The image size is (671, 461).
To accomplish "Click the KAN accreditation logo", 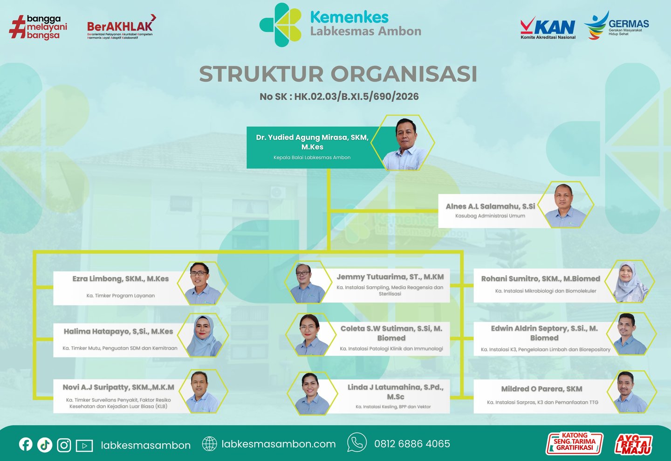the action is click(x=548, y=28).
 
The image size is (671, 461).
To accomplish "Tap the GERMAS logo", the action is click(x=616, y=25).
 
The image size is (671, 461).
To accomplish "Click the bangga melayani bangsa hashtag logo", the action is click(x=38, y=28).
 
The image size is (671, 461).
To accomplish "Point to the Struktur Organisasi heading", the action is click(x=338, y=74).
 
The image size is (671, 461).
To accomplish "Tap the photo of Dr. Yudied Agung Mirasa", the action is click(x=403, y=143).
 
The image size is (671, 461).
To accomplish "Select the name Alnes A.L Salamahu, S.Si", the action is click(x=490, y=206).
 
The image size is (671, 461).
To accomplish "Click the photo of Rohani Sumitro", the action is click(x=630, y=282).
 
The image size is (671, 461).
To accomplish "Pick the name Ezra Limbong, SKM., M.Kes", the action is click(x=120, y=279).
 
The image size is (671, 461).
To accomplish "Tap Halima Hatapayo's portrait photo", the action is click(x=203, y=335).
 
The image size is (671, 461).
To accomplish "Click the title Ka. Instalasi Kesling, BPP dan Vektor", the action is click(x=393, y=407).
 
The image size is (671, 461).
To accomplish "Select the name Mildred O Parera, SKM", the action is click(x=541, y=389).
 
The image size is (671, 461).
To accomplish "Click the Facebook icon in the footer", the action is click(x=26, y=444).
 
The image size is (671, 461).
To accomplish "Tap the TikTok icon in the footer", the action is click(x=45, y=445).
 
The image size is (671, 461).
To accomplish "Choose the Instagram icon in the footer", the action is click(x=64, y=445).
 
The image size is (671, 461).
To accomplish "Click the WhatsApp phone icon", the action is click(x=357, y=442).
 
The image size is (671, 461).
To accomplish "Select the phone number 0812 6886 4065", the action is click(x=412, y=444).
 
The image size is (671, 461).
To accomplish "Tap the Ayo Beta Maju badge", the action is click(x=633, y=444).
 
